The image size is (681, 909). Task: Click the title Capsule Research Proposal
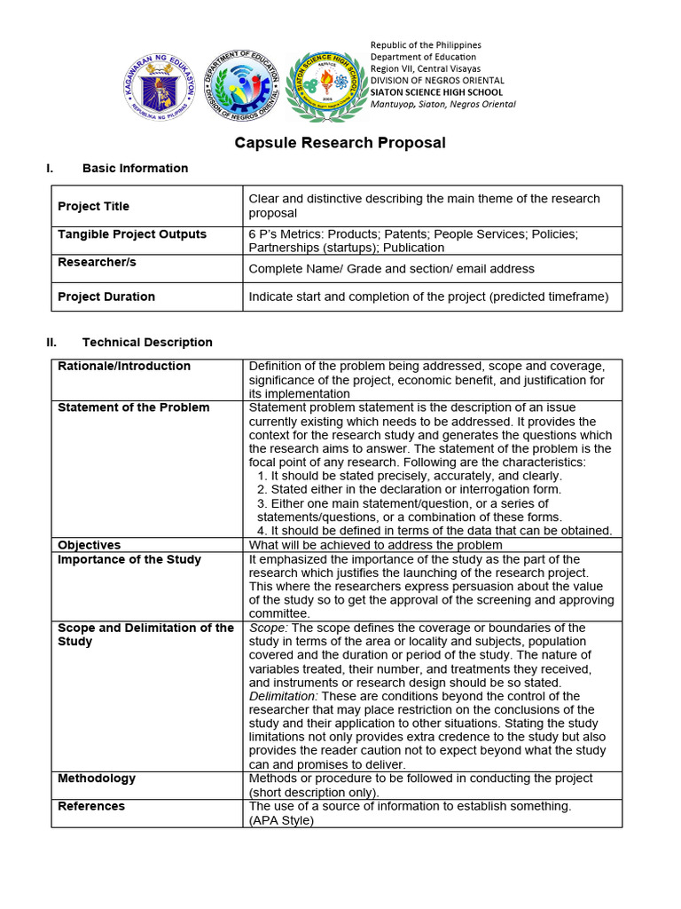(340, 143)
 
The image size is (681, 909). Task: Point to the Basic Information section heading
(135, 169)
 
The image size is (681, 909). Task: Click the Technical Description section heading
(147, 343)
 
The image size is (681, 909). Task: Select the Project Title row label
(93, 206)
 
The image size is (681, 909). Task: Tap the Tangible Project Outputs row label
(132, 234)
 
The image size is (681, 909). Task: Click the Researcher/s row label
(97, 263)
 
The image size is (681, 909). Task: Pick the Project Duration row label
(106, 296)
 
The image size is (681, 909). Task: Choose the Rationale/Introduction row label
(124, 366)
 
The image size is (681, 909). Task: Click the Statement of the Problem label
(134, 407)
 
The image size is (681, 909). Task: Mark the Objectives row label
(90, 545)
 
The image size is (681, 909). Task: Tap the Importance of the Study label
(129, 559)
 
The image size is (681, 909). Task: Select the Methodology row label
(97, 779)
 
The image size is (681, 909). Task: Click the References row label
(91, 806)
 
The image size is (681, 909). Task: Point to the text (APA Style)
(281, 820)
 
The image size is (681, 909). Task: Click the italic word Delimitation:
(283, 697)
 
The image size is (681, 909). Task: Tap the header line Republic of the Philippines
(426, 45)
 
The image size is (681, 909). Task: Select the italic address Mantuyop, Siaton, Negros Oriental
(442, 104)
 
